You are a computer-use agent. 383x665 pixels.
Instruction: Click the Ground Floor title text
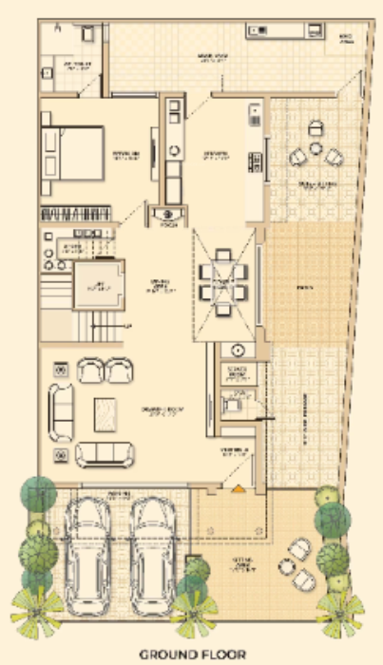click(x=193, y=654)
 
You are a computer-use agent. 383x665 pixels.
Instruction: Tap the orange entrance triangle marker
click(x=236, y=489)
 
